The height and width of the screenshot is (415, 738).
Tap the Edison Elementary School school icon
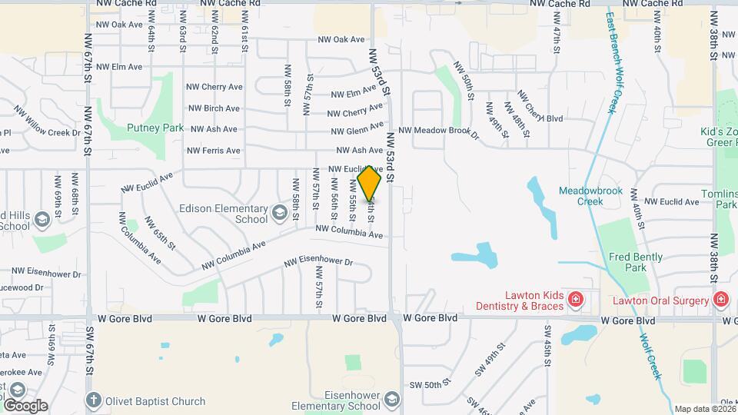point(280,209)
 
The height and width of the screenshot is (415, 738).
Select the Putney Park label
point(155,128)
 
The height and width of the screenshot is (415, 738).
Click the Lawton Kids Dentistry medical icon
point(574,298)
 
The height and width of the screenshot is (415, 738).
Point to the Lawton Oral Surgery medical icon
point(720,298)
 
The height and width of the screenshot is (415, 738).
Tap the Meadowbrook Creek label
point(591,196)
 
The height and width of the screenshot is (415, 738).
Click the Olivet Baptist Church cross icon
point(93,400)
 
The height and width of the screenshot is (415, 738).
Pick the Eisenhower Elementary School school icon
point(392,400)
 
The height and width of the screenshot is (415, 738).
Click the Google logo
point(25,406)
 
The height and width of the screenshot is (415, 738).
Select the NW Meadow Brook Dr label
point(438,132)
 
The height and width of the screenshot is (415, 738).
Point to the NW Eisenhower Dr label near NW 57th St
point(317,263)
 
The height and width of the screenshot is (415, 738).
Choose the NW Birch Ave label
point(214,108)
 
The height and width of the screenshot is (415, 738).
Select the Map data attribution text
point(705,409)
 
